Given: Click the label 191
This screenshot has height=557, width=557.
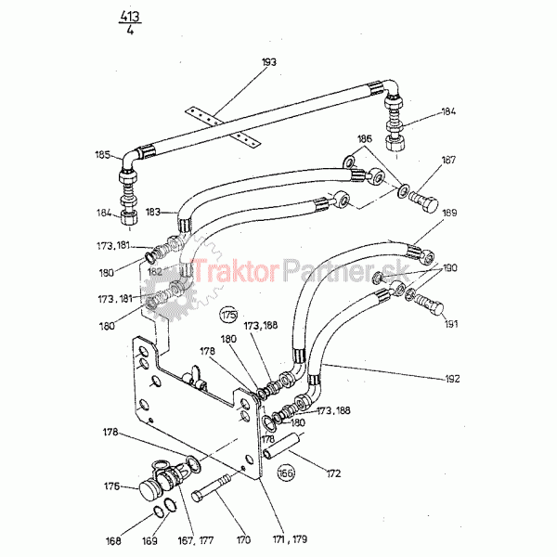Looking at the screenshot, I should [452, 324].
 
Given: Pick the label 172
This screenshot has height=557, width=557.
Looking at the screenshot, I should [333, 473].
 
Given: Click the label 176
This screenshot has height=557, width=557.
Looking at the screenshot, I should [114, 486].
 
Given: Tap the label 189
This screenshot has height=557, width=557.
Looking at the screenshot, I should [449, 214].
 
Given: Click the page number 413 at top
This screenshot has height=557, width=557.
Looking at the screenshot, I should [128, 15].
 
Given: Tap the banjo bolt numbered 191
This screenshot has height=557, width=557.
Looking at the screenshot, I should [429, 303].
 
